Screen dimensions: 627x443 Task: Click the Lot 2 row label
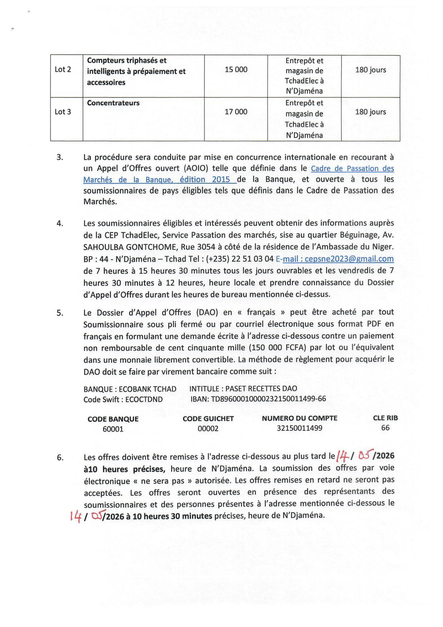coord(63,69)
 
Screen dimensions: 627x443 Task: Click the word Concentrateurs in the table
coord(113,103)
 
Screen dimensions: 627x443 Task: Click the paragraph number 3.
coord(60,157)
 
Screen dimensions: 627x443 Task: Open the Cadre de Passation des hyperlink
coord(352,168)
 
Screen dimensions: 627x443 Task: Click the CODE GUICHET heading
coord(208,419)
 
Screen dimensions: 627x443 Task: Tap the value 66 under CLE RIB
coord(385,428)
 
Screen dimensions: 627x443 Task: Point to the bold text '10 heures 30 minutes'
coord(172,516)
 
